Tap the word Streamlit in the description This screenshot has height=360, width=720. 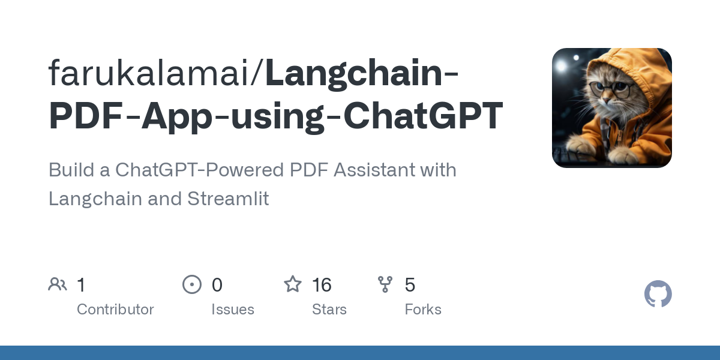tap(228, 199)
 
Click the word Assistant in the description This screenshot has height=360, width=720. tap(367, 170)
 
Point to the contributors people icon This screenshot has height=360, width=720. tap(58, 284)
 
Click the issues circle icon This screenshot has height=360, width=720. tap(192, 284)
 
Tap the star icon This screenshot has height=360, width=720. tap(293, 284)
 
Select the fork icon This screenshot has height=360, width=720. tap(385, 284)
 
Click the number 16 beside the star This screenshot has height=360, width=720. tap(322, 285)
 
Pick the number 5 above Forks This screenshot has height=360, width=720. tap(410, 285)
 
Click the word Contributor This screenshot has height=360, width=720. tap(115, 310)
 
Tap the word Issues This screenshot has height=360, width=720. tap(233, 310)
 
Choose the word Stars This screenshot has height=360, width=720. tap(329, 310)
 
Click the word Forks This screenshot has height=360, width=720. tap(423, 310)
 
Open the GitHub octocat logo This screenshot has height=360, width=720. tap(658, 295)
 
